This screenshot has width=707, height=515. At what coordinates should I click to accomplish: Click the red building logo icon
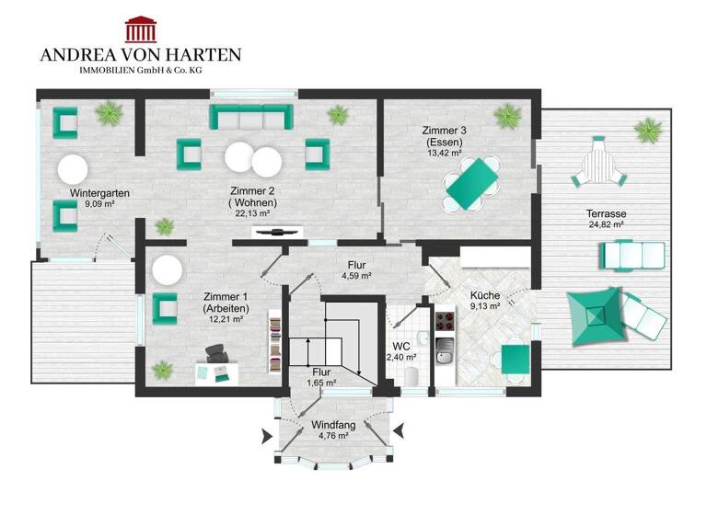click(x=140, y=28)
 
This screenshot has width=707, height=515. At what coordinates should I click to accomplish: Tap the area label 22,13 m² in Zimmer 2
click(x=251, y=213)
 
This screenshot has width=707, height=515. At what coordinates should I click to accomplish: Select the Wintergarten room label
click(x=99, y=193)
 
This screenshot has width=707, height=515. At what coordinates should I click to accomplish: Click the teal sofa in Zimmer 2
click(x=251, y=117)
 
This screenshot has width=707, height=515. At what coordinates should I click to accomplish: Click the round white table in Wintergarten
click(x=73, y=168)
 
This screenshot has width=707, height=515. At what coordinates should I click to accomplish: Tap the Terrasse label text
click(x=606, y=214)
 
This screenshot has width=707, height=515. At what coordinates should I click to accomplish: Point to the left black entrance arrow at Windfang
click(x=267, y=434)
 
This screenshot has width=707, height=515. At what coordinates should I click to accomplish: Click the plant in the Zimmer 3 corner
click(x=507, y=116)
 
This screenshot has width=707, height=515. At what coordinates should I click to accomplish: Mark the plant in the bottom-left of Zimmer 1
click(x=163, y=371)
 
